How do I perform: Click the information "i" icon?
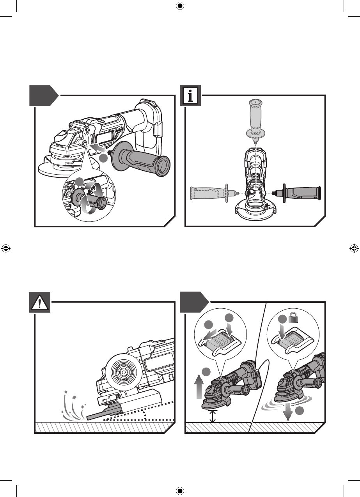190,96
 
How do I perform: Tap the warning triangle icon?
40,302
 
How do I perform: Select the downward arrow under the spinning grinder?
287,413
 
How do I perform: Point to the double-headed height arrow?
212,416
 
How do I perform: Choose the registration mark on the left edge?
6,248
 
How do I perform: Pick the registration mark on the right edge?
354,248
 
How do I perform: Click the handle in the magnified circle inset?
93,198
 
